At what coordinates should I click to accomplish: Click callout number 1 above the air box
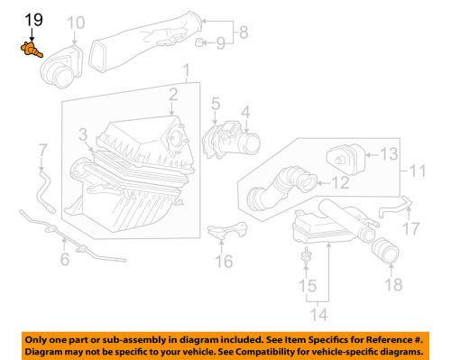point(186,70)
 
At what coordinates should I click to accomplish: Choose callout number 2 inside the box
point(170,93)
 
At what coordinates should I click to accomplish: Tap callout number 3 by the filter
point(83,135)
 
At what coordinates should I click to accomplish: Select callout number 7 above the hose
point(41,149)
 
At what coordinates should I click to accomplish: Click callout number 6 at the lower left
point(64,262)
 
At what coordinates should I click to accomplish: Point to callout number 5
point(215,106)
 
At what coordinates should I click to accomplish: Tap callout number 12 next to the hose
point(341,182)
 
